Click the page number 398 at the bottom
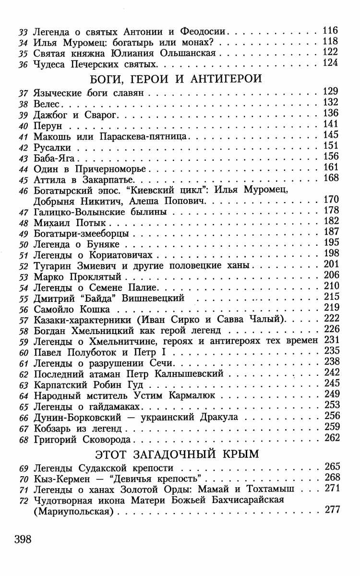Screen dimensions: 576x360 [23, 539]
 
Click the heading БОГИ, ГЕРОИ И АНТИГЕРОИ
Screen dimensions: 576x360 [176, 78]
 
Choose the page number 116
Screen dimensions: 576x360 [331, 30]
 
